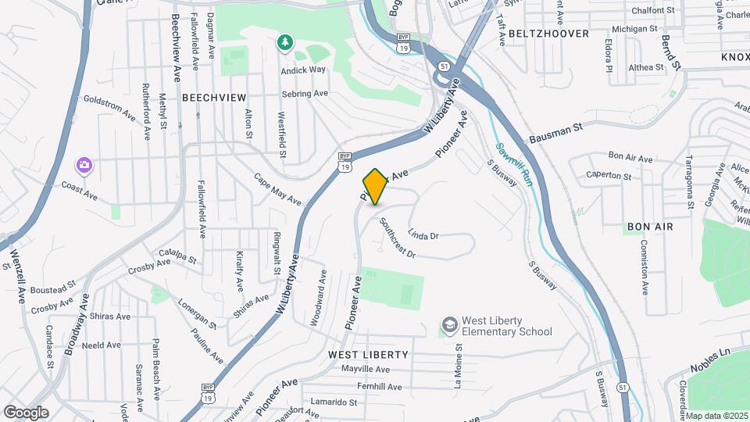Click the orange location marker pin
click(x=375, y=187)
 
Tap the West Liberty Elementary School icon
click(x=449, y=324)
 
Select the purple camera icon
click(x=84, y=165)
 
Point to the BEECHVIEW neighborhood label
click(x=213, y=98)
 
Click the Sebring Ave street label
click(x=305, y=94)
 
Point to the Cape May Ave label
click(x=277, y=189)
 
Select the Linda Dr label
click(x=423, y=234)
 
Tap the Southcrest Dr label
click(x=397, y=238)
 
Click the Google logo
click(x=26, y=412)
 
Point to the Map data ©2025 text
click(x=716, y=416)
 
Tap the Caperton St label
click(x=608, y=176)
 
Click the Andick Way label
click(x=303, y=70)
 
